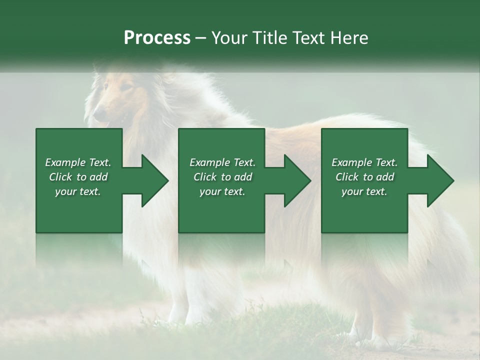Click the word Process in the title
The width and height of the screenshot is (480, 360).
[x=157, y=38]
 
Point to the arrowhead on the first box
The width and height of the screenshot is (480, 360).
[x=152, y=181]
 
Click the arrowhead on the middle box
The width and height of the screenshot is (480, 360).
[x=295, y=181]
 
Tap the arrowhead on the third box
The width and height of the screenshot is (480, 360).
[x=438, y=181]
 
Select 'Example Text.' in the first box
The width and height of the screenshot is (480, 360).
[x=78, y=162]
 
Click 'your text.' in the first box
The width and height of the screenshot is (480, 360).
[x=78, y=191]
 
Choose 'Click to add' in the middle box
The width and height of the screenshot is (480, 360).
[x=222, y=177]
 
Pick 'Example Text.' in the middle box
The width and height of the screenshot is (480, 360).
[x=222, y=162]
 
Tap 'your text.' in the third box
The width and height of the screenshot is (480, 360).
[x=364, y=191]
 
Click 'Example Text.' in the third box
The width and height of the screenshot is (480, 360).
[x=364, y=162]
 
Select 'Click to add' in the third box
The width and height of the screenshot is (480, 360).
[x=364, y=177]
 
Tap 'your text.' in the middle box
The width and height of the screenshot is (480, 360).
[x=222, y=191]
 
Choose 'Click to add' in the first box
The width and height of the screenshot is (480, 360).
[x=78, y=177]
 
